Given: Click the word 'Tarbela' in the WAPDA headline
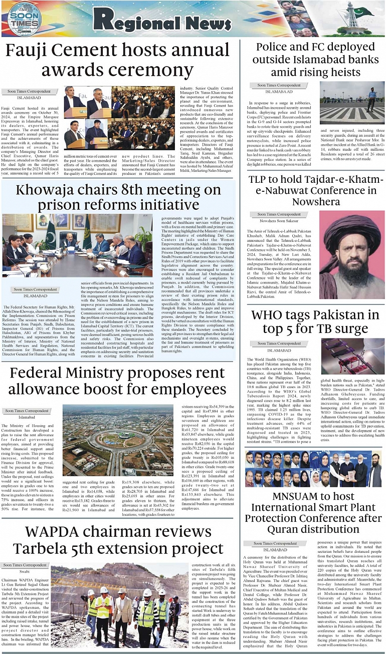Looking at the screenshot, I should (x=44, y=549).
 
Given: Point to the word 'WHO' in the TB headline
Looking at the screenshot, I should (x=274, y=315).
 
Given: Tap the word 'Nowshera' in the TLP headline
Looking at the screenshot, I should (x=316, y=202).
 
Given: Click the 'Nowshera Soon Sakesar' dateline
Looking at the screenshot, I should (x=279, y=221).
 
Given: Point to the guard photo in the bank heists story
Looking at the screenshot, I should (x=352, y=103).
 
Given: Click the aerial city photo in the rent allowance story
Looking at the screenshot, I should (x=118, y=434).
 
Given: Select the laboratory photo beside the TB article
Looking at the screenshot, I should (x=352, y=356).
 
